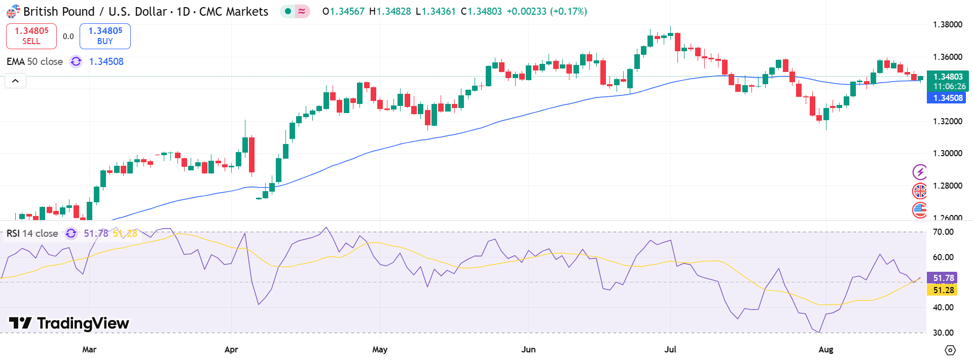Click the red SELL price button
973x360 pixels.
[x=31, y=36]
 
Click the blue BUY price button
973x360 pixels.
[x=105, y=36]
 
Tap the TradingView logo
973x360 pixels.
[x=69, y=323]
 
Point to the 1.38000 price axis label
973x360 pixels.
[x=947, y=25]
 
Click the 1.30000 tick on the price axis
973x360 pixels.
[x=947, y=153]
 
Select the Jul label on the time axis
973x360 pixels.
[x=670, y=349]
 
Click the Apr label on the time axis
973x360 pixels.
[x=231, y=349]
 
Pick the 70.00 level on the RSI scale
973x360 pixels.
[x=943, y=232]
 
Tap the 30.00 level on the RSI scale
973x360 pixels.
[x=943, y=333]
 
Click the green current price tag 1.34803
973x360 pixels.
[x=948, y=77]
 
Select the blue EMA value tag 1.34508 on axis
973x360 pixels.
[x=946, y=98]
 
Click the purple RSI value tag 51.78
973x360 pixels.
[x=943, y=278]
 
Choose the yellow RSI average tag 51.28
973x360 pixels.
[x=943, y=290]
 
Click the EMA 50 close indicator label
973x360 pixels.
[x=34, y=62]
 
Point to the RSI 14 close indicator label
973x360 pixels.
[x=32, y=234]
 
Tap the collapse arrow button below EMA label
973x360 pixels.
[x=15, y=81]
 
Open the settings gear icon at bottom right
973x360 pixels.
[x=950, y=350]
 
